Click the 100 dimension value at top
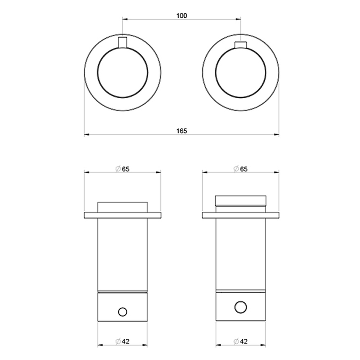tap(181, 15)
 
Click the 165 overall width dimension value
tap(181, 130)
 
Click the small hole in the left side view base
tap(123, 312)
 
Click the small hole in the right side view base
tap(241, 307)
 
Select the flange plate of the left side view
tap(123, 215)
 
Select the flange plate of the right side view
tap(241, 215)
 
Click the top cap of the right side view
tap(241, 201)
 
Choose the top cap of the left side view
tap(123, 207)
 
